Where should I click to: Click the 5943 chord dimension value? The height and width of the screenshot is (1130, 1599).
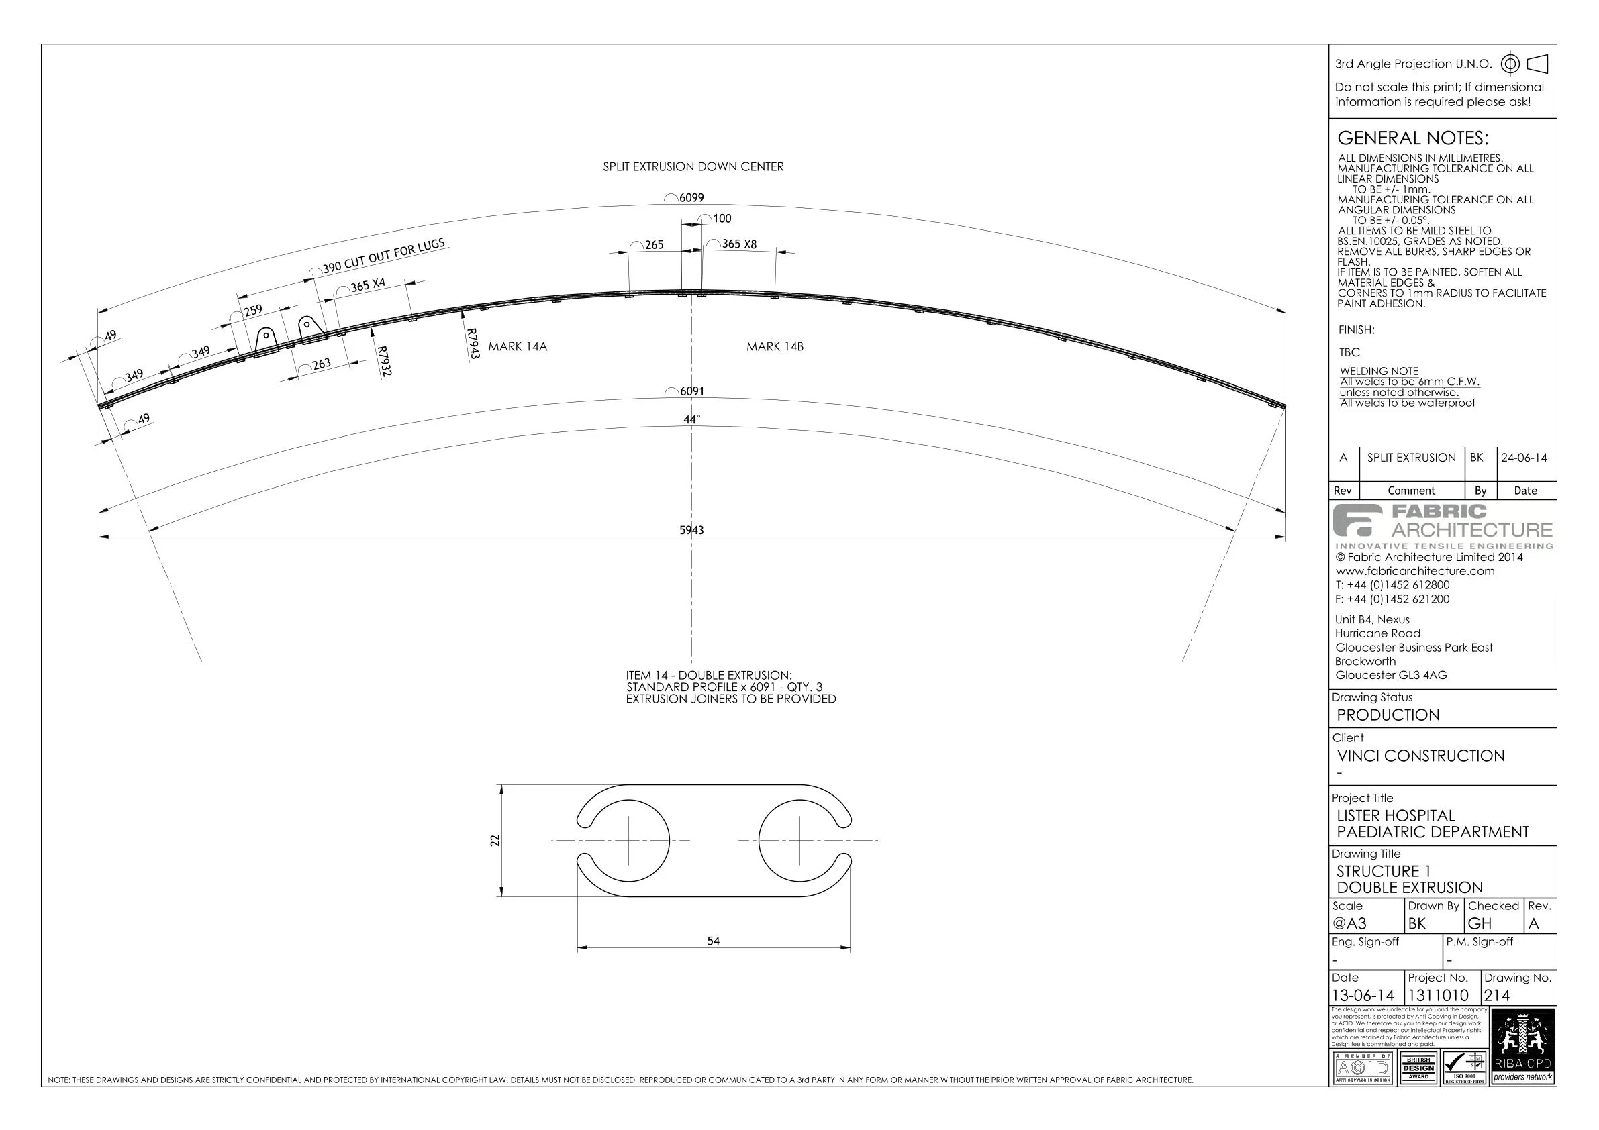pos(691,531)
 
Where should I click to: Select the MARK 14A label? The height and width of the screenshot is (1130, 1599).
pos(518,347)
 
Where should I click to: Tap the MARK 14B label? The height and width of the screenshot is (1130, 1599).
pos(775,347)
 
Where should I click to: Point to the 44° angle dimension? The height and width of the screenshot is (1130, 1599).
pos(691,420)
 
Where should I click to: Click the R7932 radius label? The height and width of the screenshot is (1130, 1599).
pos(384,362)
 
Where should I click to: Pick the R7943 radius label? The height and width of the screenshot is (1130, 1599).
pos(472,344)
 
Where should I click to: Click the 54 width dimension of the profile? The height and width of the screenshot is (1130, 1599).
pos(713,941)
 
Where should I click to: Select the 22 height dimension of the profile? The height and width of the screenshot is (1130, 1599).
pos(495,840)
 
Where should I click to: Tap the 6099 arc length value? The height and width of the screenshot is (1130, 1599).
pos(691,198)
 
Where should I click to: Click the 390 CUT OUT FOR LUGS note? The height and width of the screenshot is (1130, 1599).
pos(383,256)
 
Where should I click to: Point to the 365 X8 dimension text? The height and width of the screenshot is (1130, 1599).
pos(738,244)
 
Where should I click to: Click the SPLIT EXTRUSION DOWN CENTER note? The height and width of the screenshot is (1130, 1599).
pos(693,167)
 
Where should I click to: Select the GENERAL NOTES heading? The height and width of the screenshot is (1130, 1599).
pos(1412,138)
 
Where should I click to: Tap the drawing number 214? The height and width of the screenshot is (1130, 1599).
pos(1498,996)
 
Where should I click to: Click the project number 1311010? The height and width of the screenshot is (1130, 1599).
pos(1438,996)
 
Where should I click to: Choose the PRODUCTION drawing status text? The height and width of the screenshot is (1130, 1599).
pos(1388,715)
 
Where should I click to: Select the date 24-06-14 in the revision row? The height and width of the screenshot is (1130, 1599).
pos(1524,458)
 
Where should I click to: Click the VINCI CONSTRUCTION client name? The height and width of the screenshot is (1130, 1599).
pos(1420,756)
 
